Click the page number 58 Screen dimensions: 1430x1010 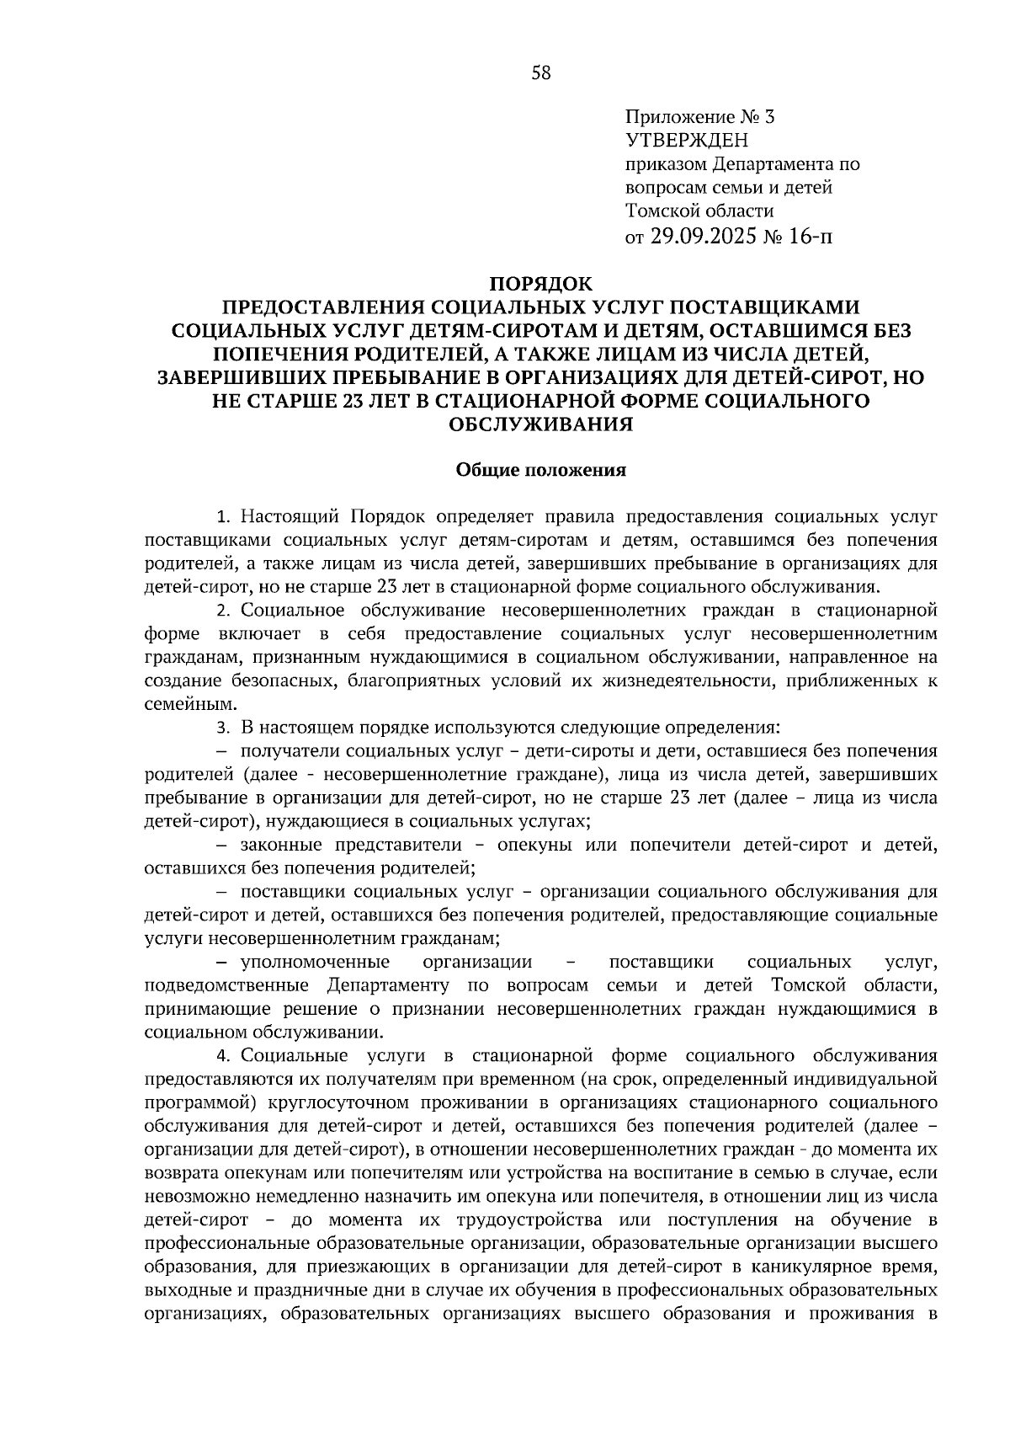tap(540, 73)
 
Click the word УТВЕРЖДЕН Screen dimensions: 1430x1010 tap(687, 140)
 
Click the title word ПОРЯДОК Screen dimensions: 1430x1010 tap(540, 284)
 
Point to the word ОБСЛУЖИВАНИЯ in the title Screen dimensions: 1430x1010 tap(540, 424)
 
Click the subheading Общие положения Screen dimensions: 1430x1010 tap(540, 470)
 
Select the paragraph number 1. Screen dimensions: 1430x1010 tap(221, 516)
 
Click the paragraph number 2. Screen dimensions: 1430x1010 tap(221, 610)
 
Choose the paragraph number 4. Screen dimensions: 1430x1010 tap(221, 1056)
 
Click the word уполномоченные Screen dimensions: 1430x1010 tap(315, 962)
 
